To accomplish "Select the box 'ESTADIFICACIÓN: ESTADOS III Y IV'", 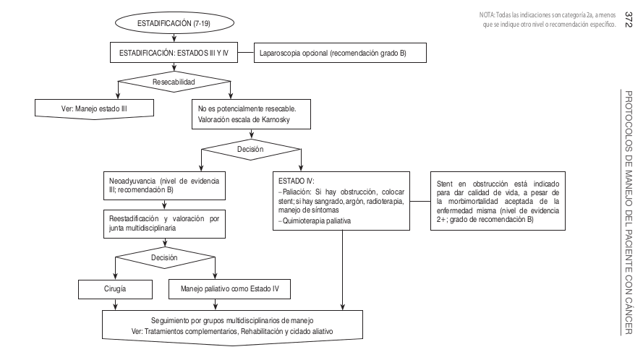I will pos(174,53).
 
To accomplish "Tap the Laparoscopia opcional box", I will pos(336,53).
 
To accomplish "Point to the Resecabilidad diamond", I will pos(174,82).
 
